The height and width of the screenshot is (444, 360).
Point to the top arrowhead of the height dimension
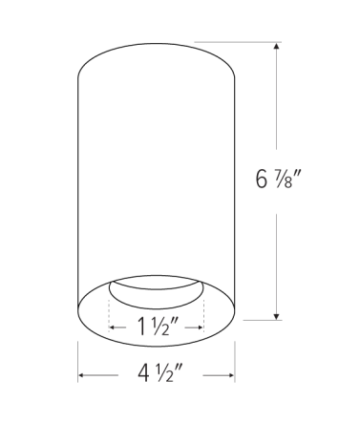(277, 45)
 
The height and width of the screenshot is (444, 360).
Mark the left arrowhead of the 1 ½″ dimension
(114, 327)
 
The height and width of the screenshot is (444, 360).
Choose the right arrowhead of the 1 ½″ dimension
(201, 327)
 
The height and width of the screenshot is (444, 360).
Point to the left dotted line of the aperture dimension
(110, 307)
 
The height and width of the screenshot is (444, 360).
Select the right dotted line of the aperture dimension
(204, 307)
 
